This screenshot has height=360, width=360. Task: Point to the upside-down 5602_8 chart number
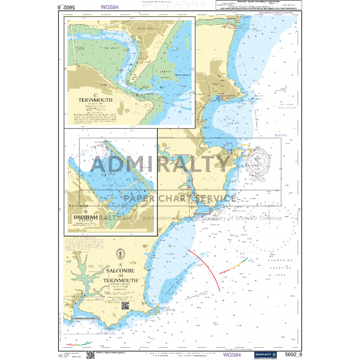point(67,8)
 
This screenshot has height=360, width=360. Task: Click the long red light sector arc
point(207,267)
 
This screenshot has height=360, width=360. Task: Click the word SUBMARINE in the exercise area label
point(279,261)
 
